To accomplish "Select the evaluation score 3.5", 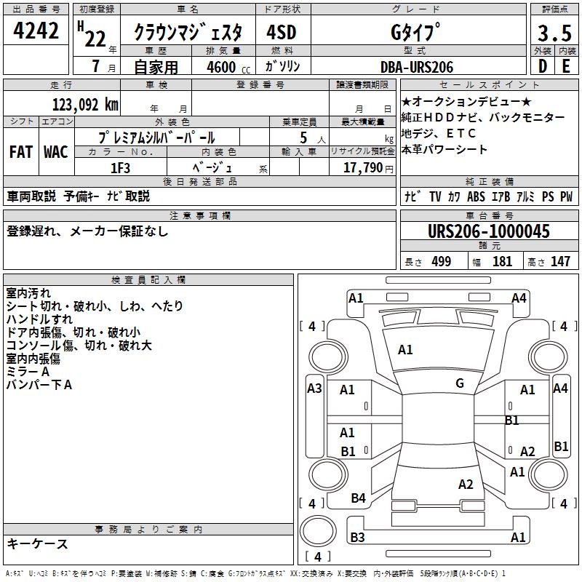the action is tap(554, 33).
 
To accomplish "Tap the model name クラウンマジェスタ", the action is tap(193, 32).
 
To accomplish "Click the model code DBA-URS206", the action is tap(417, 67).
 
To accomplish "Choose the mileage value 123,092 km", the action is tap(85, 104).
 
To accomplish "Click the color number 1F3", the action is tap(119, 168).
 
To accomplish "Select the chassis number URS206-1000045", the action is tap(489, 231).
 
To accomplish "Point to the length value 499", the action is tap(441, 261).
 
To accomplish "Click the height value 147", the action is tap(560, 261).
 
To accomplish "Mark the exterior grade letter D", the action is tap(542, 66).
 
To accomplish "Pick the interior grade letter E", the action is tap(566, 66).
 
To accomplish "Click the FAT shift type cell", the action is tap(21, 151).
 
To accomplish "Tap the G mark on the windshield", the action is tap(460, 383).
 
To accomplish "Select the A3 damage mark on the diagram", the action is tap(314, 388).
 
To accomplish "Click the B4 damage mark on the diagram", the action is tap(358, 498).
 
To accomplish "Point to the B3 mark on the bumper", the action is tap(357, 537).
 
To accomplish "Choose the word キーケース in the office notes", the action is tap(37, 543).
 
